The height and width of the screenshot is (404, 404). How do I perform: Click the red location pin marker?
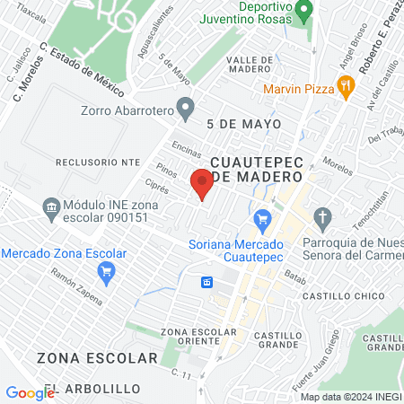pos(203,185)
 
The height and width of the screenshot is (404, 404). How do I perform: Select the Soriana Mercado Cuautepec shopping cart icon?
pos(263,218)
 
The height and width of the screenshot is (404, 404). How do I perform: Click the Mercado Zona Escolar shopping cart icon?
pos(107,273)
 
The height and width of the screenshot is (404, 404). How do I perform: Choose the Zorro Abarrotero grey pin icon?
pos(186,111)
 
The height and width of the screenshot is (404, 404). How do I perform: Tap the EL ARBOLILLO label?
pos(92,388)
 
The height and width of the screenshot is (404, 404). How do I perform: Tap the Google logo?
pos(30,392)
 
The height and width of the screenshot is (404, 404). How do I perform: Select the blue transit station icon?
pos(207,282)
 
